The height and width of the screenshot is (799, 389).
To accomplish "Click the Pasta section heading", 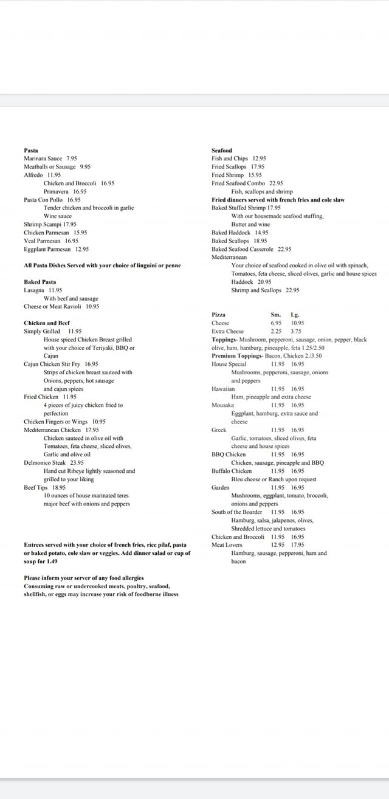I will pyautogui.click(x=31, y=150).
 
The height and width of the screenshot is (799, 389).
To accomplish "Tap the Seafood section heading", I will pyautogui.click(x=222, y=150).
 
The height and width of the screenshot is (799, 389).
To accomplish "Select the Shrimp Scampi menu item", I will pyautogui.click(x=42, y=224).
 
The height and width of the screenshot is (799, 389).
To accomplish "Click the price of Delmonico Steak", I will pyautogui.click(x=77, y=462).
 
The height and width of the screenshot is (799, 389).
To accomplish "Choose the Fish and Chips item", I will pyautogui.click(x=230, y=159).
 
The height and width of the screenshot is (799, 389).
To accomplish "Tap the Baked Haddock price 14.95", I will pyautogui.click(x=262, y=233).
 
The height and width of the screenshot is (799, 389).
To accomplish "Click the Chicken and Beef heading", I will pyautogui.click(x=47, y=323).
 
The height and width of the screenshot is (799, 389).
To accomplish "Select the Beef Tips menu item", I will pyautogui.click(x=35, y=487).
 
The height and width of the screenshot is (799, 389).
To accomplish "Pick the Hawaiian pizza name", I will pyautogui.click(x=223, y=389).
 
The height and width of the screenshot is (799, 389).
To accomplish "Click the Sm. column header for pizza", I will pyautogui.click(x=276, y=315).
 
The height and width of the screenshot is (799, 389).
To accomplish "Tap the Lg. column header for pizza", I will pyautogui.click(x=295, y=315).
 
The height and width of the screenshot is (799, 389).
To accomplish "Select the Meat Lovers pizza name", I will pyautogui.click(x=227, y=545).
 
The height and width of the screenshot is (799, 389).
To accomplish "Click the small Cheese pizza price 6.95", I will pyautogui.click(x=276, y=323).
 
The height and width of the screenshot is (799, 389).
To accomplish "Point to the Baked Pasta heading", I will pyautogui.click(x=40, y=282).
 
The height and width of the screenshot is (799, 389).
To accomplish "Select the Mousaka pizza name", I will pyautogui.click(x=222, y=405).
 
